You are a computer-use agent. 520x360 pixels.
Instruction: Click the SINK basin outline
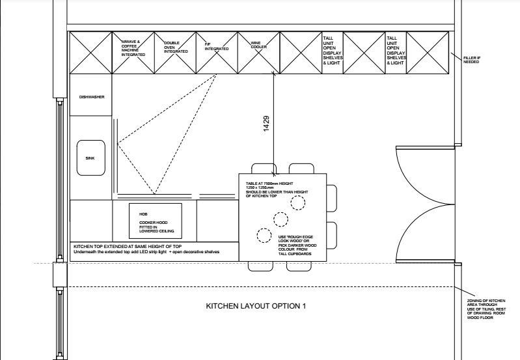90,158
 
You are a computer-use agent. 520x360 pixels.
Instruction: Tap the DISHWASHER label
92,97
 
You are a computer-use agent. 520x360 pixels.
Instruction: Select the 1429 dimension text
266,124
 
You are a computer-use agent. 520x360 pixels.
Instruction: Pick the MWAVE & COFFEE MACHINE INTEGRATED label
133,48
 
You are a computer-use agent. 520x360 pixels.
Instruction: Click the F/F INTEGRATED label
216,47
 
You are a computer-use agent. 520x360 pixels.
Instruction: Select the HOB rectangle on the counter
154,221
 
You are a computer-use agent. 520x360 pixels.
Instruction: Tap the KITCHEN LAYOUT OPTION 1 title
255,305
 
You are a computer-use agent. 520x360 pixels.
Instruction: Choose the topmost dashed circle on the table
297,202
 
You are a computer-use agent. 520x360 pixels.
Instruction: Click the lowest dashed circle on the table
264,235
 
